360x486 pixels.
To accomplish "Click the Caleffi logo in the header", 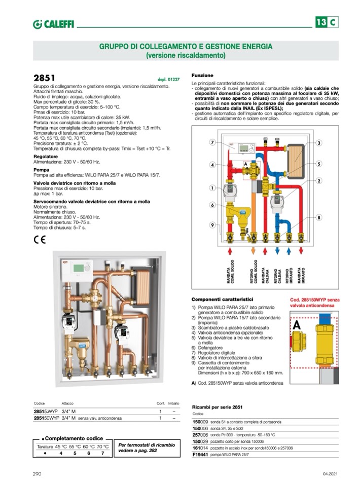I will click(51, 24).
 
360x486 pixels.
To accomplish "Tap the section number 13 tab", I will click(321, 22).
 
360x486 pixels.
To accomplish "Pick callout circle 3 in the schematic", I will click(319, 143).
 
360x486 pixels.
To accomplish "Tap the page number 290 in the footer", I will click(37, 473).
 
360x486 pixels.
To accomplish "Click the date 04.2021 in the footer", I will click(330, 473).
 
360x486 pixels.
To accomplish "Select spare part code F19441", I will click(200, 455).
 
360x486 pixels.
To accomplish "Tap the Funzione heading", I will click(202, 75).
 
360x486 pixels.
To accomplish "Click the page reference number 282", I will click(154, 451).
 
